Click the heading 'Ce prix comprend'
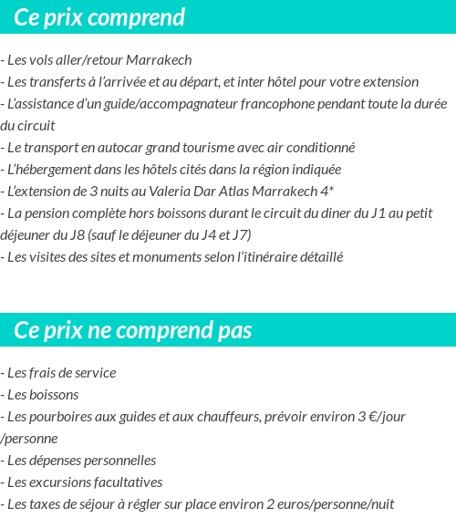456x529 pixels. click(99, 17)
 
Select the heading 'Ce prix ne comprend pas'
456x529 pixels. click(133, 329)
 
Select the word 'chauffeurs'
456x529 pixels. click(227, 417)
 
